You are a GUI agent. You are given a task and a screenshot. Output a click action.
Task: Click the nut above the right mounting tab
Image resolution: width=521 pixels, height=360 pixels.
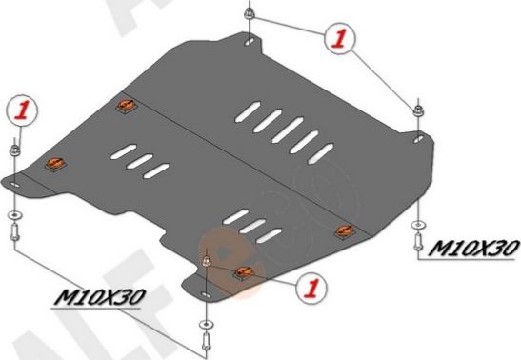coord(418,112)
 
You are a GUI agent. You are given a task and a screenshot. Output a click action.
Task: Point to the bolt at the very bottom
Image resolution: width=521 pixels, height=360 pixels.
coord(207,334)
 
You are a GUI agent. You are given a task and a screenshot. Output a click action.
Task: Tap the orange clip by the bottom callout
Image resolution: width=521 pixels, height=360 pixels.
coord(242,275)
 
